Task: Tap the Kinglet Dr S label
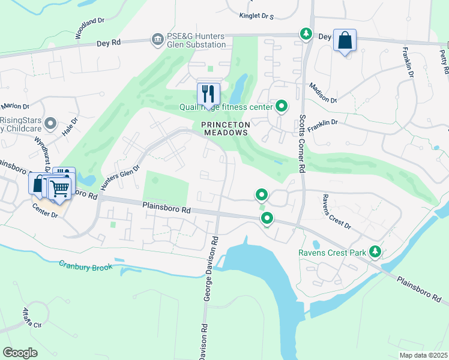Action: click(256, 16)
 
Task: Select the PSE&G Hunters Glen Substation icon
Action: click(157, 39)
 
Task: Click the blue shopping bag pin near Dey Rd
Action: click(345, 40)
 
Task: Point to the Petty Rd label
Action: click(443, 58)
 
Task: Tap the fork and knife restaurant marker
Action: click(208, 94)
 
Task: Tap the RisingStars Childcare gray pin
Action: click(51, 124)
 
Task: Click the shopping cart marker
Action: click(59, 188)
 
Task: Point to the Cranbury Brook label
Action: click(85, 265)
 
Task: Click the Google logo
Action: click(20, 353)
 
